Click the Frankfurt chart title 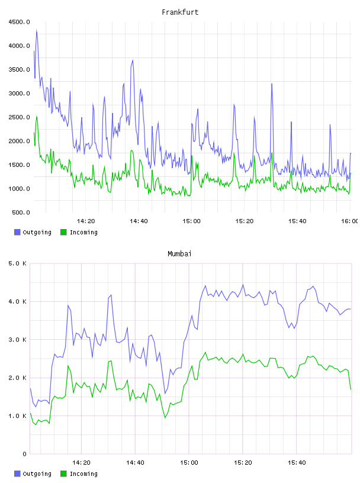[180, 12]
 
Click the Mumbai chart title [179, 254]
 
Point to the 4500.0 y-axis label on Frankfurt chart [19, 22]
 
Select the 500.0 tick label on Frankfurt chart [21, 212]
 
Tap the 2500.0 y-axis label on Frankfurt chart [19, 117]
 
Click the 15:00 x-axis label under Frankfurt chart [191, 221]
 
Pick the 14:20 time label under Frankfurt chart [86, 221]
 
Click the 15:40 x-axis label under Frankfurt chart [297, 221]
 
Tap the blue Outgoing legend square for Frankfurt [17, 232]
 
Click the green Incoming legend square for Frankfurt [63, 232]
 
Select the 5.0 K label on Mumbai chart [17, 263]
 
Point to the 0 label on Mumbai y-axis [24, 454]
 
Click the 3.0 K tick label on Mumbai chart [17, 340]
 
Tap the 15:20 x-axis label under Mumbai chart [243, 463]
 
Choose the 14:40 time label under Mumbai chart [135, 463]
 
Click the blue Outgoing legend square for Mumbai [17, 474]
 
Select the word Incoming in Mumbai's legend [83, 474]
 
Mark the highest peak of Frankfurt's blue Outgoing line [37, 30]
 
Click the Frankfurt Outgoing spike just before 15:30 [272, 84]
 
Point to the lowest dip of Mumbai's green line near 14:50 [165, 418]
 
